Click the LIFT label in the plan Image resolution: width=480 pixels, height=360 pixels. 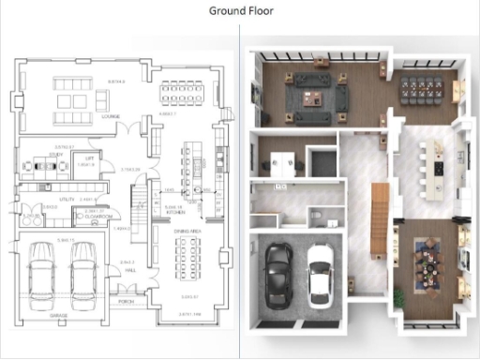pyautogui.click(x=91, y=159)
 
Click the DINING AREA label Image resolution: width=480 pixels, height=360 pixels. pyautogui.click(x=186, y=221)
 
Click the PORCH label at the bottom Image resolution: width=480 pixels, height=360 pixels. pyautogui.click(x=126, y=302)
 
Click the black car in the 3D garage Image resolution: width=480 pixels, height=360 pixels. pyautogui.click(x=278, y=275)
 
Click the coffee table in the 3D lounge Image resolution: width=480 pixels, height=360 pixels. pyautogui.click(x=313, y=93)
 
